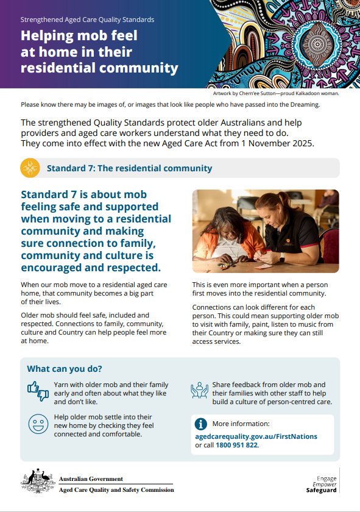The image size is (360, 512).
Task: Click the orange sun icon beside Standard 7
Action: coord(30,168)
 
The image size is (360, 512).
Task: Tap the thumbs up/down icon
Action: coord(38,391)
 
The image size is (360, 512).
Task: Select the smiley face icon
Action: coord(38,423)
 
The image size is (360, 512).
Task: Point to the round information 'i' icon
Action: coord(200,424)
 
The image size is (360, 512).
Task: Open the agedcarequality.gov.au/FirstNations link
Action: coord(256,436)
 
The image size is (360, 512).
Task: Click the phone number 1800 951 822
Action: coord(237,446)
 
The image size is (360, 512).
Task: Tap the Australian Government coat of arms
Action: coord(37,482)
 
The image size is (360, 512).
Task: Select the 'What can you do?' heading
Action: coord(65,369)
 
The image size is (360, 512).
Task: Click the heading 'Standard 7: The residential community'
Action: coord(129,168)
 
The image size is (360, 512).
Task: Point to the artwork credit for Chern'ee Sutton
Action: coord(275,93)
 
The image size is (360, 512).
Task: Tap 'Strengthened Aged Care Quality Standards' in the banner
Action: coord(87,20)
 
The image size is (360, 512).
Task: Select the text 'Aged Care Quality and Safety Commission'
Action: coord(116,489)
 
